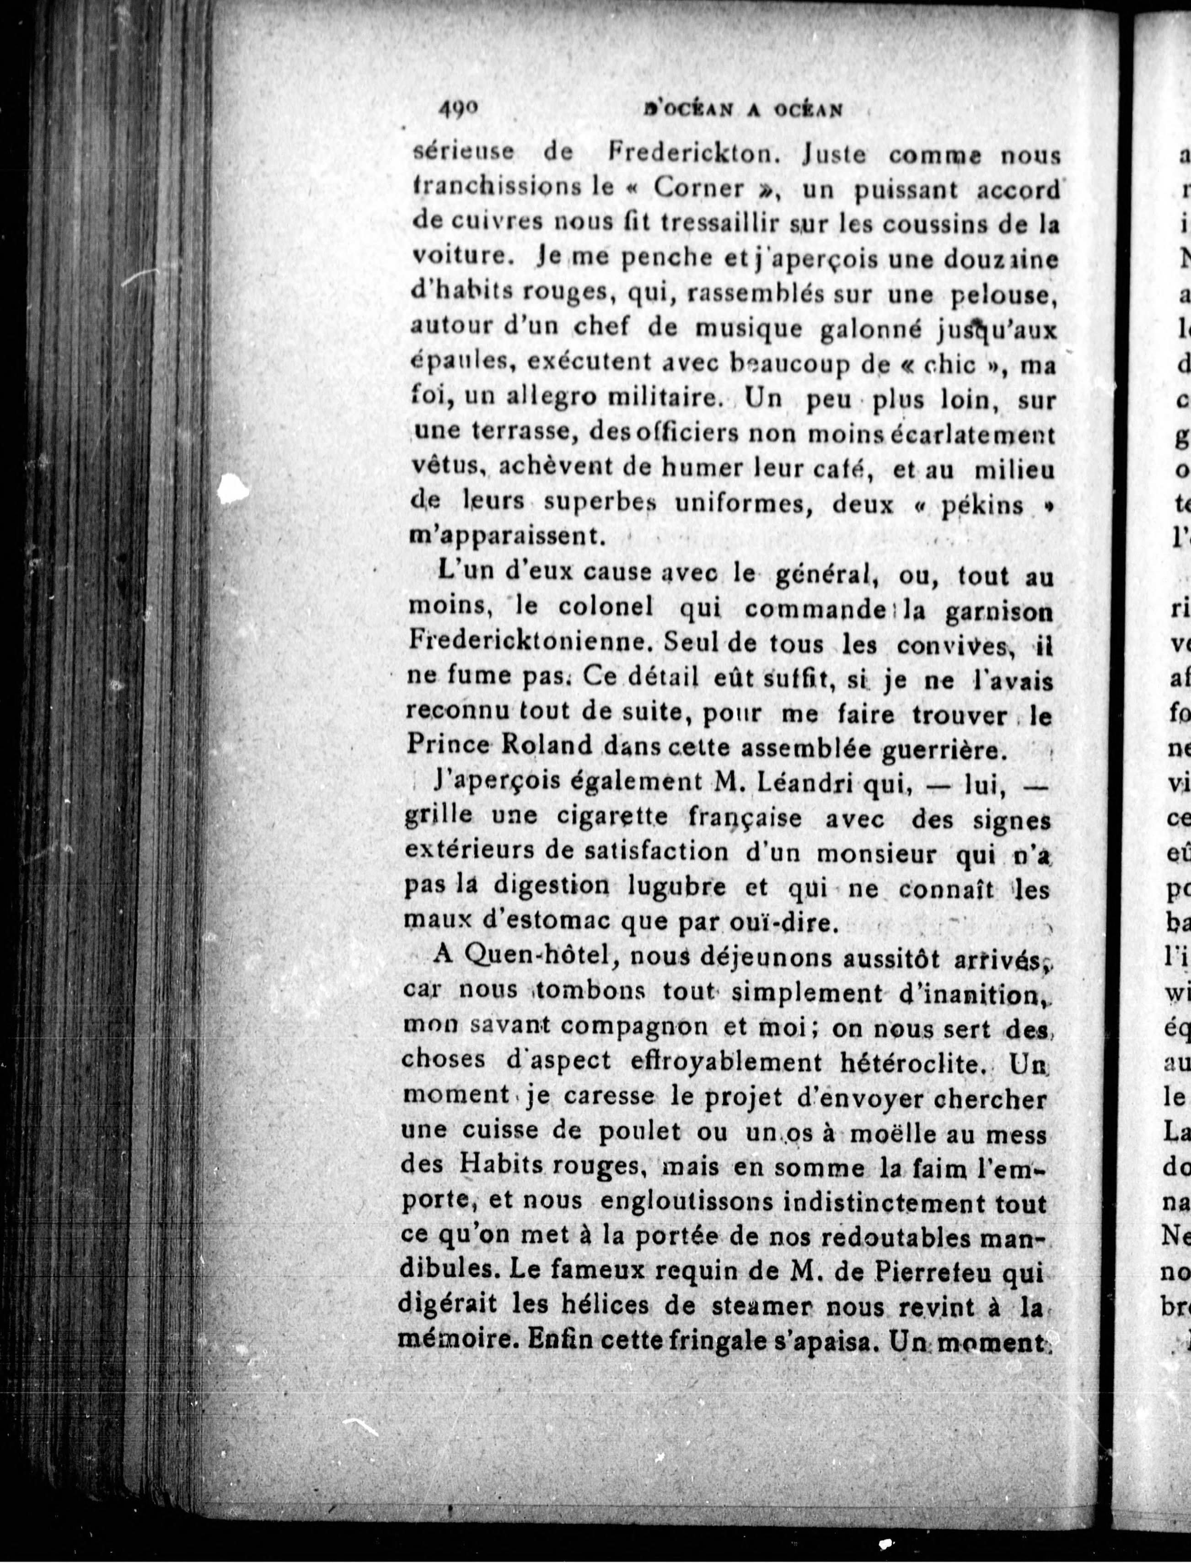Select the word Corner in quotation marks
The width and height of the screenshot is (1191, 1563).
[x=699, y=188]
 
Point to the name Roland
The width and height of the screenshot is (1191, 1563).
[x=547, y=747]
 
